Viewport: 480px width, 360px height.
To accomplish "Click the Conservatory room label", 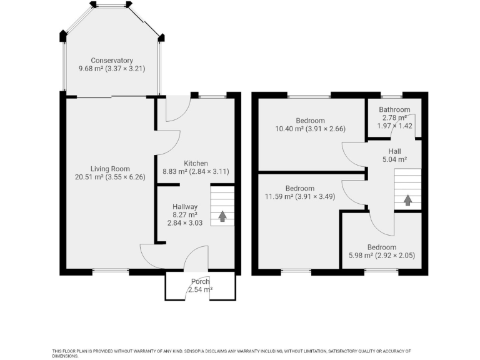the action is click(x=112, y=61).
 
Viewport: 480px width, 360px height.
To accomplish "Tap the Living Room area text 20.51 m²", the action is click(x=89, y=177).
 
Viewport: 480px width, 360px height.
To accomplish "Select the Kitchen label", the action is click(x=196, y=164).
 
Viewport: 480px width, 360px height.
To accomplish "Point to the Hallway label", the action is click(x=185, y=207).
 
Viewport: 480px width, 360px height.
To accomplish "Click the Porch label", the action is click(x=201, y=281).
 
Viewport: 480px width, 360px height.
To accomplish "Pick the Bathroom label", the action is click(x=394, y=109).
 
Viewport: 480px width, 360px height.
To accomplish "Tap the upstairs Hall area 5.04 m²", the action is click(x=394, y=159).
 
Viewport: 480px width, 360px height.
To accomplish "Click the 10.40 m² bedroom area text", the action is click(x=289, y=129).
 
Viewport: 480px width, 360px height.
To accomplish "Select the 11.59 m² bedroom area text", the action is click(x=279, y=196).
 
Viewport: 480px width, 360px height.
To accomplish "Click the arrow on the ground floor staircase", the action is click(x=222, y=216).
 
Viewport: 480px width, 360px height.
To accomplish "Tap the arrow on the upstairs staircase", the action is click(x=407, y=200).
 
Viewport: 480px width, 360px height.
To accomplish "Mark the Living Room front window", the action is click(x=111, y=271).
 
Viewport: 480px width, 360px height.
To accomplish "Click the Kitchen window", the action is click(x=212, y=97).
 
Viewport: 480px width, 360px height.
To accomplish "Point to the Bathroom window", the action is click(x=391, y=96).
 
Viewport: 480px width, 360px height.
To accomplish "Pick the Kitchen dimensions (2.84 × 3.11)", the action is click(x=209, y=171).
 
